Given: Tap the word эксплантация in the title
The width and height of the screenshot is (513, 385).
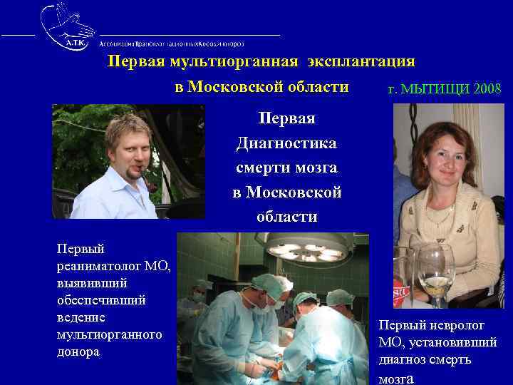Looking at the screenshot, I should coord(361,61).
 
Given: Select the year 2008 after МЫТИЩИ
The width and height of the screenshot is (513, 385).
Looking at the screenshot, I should coord(485,90).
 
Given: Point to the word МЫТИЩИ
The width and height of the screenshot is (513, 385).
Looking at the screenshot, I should coord(435,90).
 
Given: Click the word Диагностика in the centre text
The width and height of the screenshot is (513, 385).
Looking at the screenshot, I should coord(287,143).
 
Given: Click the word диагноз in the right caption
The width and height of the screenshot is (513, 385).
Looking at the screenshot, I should coord(404,359).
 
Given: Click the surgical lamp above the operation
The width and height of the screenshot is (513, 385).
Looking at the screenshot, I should coord(307,250).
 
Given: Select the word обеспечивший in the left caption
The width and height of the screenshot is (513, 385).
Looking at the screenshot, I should coord(101,300).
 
